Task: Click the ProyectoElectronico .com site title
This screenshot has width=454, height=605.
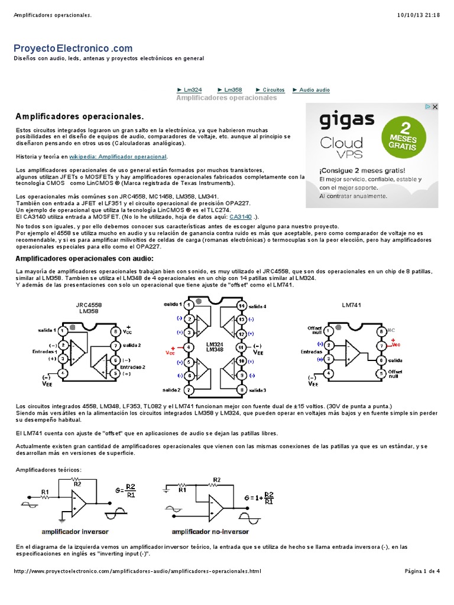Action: click(73, 48)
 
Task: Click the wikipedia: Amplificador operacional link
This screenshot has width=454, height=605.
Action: click(118, 157)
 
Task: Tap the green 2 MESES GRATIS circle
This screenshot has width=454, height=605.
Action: click(402, 134)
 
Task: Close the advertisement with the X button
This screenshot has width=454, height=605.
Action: click(434, 107)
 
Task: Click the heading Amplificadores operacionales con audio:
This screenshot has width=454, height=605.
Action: click(84, 259)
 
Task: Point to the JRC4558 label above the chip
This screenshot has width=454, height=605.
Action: click(88, 305)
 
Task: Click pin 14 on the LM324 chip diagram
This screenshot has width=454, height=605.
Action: click(241, 305)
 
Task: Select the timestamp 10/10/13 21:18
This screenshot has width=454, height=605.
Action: click(423, 15)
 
